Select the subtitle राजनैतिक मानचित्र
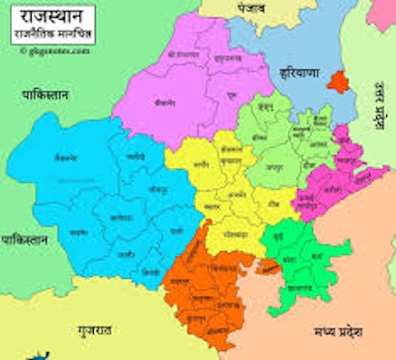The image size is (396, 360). [49, 36]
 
